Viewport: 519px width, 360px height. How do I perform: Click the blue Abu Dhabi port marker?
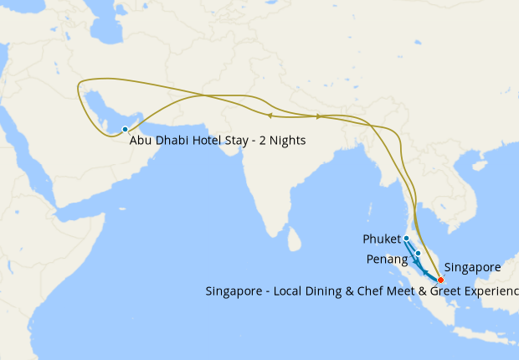(x=125, y=129)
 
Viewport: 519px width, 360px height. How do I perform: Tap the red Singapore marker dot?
(x=440, y=279)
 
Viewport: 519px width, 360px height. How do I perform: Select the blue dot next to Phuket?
(x=406, y=239)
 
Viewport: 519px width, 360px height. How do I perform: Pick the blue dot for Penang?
(x=418, y=252)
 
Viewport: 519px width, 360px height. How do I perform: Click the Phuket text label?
(x=382, y=239)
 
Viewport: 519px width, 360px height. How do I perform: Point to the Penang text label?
(x=387, y=260)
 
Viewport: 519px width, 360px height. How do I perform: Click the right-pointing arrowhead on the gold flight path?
(x=319, y=116)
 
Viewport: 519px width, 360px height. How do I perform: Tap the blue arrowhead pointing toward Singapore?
(x=424, y=273)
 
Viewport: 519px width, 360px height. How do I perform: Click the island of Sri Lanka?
(x=294, y=239)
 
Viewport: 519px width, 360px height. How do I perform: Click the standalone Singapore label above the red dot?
(x=472, y=267)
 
